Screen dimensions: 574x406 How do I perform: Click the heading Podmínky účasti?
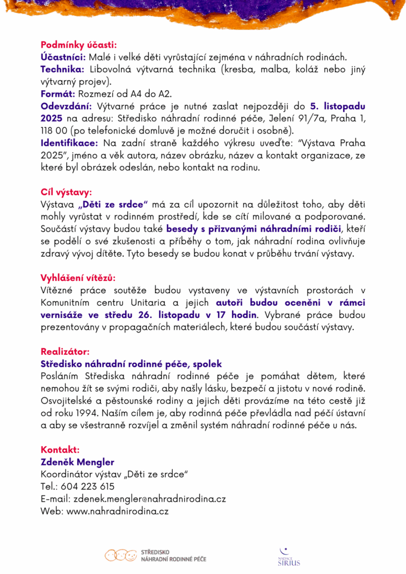(78, 45)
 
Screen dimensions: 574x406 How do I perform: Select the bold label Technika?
(62, 70)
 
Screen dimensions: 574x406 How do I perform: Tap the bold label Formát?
(58, 94)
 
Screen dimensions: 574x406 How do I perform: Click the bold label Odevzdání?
(67, 106)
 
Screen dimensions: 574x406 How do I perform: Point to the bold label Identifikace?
(69, 143)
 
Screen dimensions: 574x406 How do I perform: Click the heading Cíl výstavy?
(66, 192)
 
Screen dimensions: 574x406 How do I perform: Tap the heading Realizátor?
(64, 351)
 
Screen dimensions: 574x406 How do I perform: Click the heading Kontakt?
(60, 450)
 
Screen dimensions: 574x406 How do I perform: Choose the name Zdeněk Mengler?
(77, 462)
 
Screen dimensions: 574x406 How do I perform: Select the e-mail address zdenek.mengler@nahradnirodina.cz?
(150, 499)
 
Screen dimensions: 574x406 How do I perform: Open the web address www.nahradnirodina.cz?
(118, 511)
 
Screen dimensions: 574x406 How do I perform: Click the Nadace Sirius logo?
(289, 557)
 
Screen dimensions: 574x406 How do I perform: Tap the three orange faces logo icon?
(121, 556)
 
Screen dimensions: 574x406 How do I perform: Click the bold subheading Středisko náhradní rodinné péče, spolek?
(131, 364)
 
